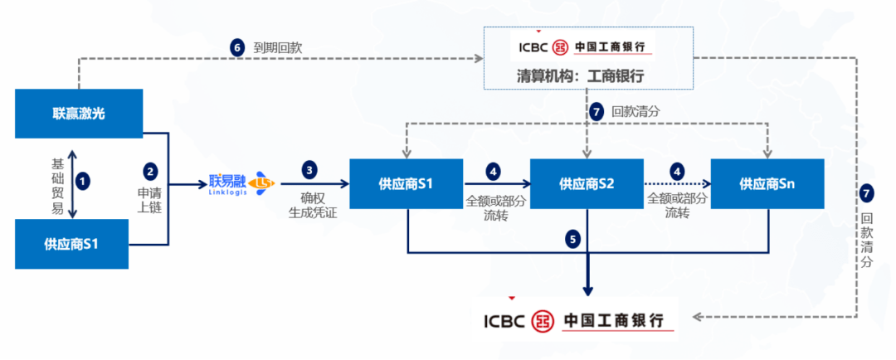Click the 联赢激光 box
(72, 114)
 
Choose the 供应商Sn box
(767, 183)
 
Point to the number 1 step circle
(82, 178)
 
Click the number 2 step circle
(150, 172)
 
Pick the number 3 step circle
(309, 170)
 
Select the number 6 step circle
(237, 47)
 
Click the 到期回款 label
(278, 48)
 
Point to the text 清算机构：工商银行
(587, 75)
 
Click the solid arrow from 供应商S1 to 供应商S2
(496, 184)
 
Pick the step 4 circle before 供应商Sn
(677, 172)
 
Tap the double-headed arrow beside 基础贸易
(72, 184)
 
